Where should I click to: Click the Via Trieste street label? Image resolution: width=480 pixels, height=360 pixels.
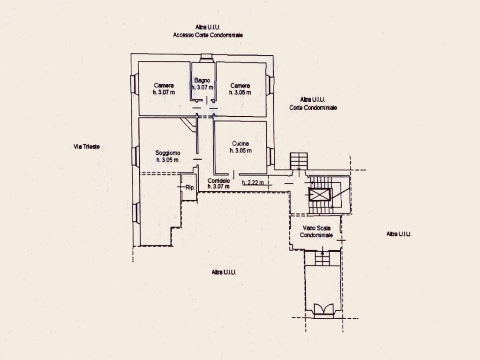tap(87, 147)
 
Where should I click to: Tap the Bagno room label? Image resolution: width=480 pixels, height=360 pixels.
tap(202, 80)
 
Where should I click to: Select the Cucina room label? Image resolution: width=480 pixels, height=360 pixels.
tap(240, 143)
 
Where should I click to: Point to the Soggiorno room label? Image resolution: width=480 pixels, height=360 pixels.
tap(167, 153)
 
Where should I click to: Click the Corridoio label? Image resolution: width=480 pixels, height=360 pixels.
tap(218, 180)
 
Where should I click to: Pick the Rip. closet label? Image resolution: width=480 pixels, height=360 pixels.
tap(190, 187)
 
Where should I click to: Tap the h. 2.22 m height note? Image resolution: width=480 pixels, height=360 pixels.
tap(253, 183)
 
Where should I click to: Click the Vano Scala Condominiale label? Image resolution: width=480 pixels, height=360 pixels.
tap(316, 232)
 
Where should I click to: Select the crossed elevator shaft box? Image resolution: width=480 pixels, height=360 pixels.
tap(320, 195)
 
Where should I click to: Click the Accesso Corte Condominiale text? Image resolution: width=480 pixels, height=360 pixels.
tap(208, 35)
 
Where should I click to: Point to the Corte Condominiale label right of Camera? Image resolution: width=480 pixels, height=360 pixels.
tap(313, 107)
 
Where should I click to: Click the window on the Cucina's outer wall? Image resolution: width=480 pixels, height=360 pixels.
tap(270, 157)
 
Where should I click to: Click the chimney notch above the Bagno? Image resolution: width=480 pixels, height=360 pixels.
tap(206, 58)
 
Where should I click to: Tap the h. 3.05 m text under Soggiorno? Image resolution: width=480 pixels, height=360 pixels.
tap(167, 160)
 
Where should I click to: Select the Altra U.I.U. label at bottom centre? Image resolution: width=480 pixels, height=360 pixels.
tap(224, 272)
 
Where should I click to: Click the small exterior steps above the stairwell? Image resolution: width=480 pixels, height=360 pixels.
tap(299, 161)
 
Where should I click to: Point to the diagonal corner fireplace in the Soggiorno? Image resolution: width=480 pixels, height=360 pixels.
tap(187, 125)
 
